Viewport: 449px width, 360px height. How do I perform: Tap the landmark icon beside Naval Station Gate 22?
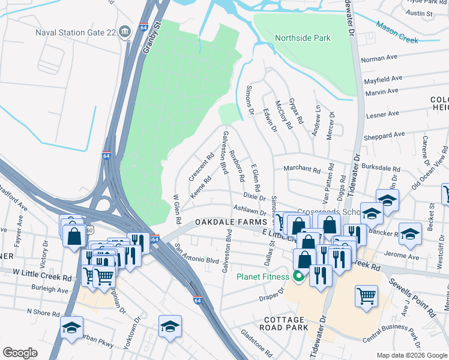(x=125, y=31)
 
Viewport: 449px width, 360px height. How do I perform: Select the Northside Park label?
(x=303, y=38)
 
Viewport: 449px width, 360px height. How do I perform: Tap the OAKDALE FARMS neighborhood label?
(x=226, y=223)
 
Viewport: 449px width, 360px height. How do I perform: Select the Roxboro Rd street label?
(x=237, y=165)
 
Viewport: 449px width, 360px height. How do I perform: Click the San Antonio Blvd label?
(x=196, y=253)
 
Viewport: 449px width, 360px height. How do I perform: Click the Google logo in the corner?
(x=20, y=353)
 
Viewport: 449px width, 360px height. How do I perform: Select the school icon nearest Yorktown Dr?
(x=170, y=327)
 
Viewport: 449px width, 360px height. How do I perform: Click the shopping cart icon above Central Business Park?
(x=366, y=296)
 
